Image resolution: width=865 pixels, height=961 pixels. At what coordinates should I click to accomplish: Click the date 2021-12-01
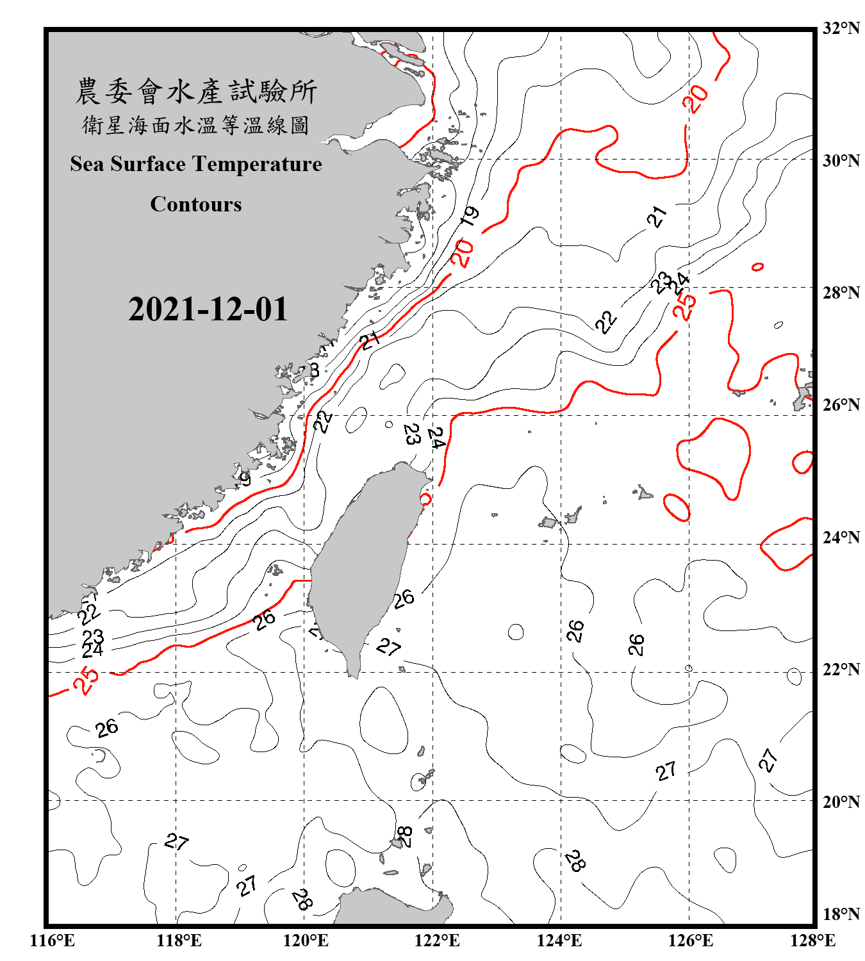[x=208, y=309]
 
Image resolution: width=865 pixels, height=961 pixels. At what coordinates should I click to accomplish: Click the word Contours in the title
[x=196, y=204]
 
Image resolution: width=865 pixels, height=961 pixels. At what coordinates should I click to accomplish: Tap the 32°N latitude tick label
[x=841, y=28]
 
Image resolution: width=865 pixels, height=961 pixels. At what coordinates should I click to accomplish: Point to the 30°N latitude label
[x=841, y=161]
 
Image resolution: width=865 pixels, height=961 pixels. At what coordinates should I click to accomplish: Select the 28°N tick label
[x=841, y=293]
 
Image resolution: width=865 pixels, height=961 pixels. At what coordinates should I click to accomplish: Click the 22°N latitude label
[x=841, y=669]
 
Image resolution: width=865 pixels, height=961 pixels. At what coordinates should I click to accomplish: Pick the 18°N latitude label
[x=841, y=914]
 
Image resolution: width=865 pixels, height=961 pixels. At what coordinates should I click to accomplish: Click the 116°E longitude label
[x=53, y=940]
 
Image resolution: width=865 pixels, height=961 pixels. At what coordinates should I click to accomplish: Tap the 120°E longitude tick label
[x=306, y=940]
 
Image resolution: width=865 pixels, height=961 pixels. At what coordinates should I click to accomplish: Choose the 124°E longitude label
[x=559, y=940]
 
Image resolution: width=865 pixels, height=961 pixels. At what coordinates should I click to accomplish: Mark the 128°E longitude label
[x=812, y=940]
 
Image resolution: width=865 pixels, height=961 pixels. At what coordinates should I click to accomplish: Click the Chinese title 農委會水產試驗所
[x=196, y=92]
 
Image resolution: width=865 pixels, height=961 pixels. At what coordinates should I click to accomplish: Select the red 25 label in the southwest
[x=86, y=680]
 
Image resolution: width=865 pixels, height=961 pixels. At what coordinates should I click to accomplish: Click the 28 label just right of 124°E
[x=575, y=860]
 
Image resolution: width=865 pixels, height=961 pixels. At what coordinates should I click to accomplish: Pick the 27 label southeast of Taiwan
[x=388, y=647]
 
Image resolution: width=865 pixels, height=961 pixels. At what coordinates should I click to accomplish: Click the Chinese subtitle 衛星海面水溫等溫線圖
[x=196, y=126]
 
